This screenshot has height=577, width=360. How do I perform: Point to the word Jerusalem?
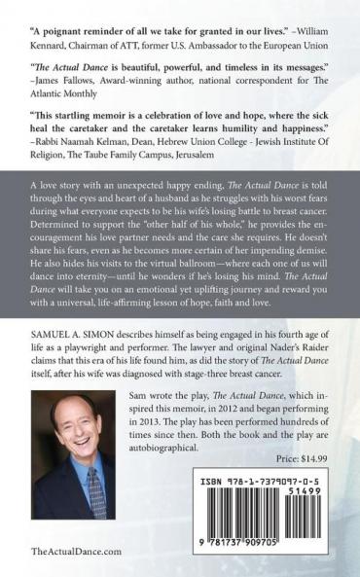pyautogui.click(x=250, y=126)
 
